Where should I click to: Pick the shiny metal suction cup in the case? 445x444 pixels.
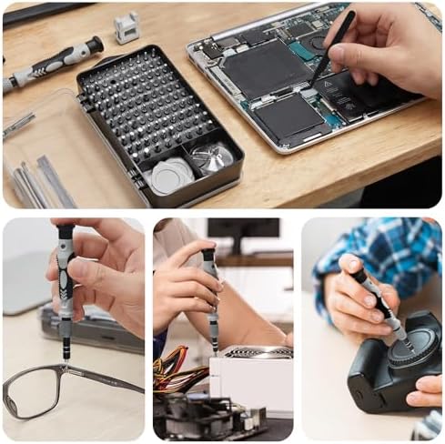(213, 158)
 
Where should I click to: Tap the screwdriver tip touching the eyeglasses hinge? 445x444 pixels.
(66, 363)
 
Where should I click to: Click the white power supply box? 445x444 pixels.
(251, 382)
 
